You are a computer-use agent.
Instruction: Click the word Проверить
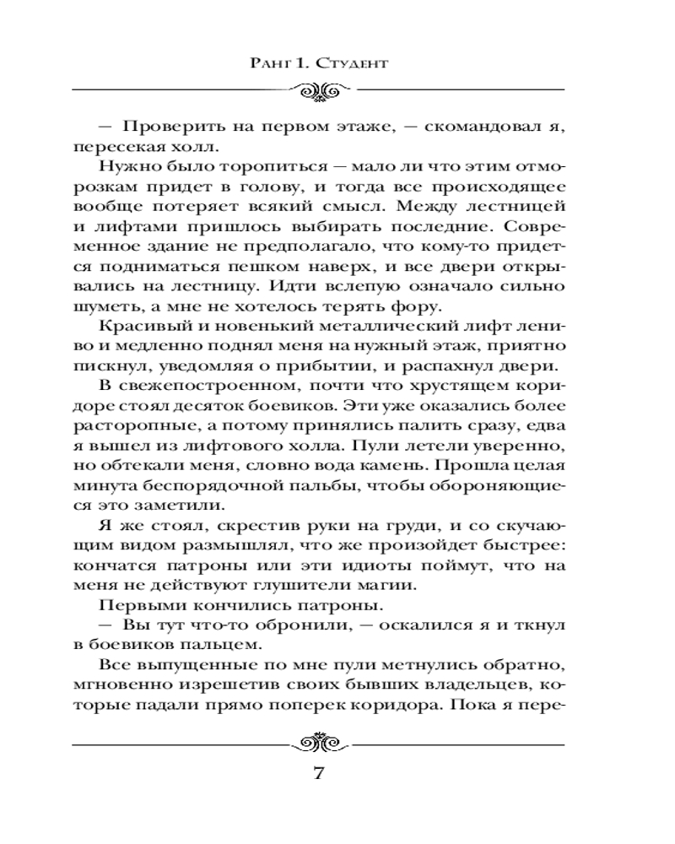[x=165, y=127]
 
